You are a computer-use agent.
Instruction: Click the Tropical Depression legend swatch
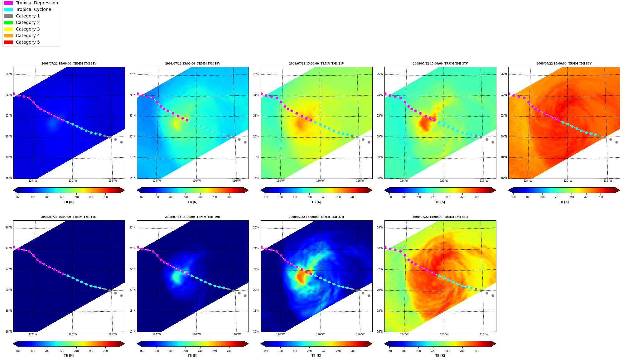coord(8,3)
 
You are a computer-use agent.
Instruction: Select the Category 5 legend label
coord(28,42)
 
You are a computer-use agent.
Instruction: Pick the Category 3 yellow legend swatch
coord(8,29)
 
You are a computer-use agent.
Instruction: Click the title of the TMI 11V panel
coord(69,64)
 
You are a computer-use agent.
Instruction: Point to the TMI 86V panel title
coord(564,64)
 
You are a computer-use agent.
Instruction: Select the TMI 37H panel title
coord(316,217)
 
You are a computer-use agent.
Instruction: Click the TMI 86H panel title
coord(440,217)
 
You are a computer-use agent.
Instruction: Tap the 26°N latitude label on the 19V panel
coord(133,74)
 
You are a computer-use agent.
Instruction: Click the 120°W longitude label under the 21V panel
coord(320,181)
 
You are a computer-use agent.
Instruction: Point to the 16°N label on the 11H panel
coord(9,332)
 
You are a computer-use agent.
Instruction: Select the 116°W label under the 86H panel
coord(484,334)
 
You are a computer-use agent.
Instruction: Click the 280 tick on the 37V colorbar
coord(477,197)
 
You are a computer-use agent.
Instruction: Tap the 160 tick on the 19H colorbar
coord(142,351)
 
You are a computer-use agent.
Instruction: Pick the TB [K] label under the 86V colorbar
coord(564,202)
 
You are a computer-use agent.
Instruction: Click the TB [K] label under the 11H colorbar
coord(69,356)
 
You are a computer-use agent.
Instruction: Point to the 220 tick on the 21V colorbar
coord(309,197)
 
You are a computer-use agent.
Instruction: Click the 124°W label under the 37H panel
coord(280,334)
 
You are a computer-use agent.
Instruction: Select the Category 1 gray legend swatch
coord(8,16)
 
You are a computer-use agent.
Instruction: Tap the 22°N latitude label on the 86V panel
coord(504,116)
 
